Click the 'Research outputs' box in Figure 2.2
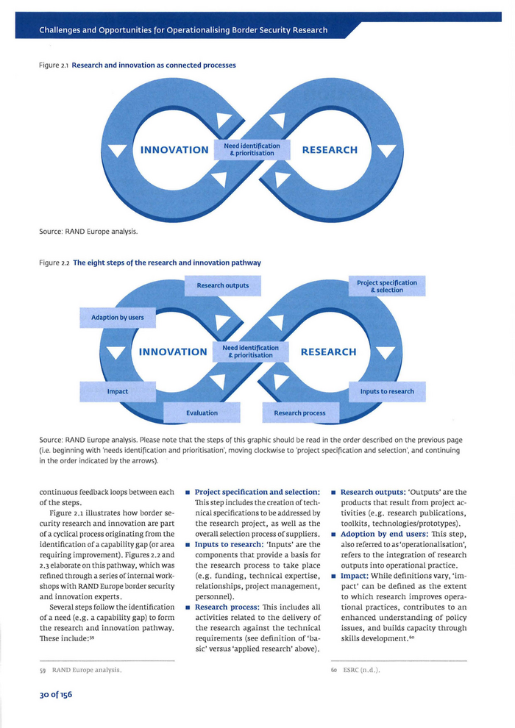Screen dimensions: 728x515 pyautogui.click(x=223, y=285)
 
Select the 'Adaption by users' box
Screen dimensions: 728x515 pyautogui.click(x=118, y=318)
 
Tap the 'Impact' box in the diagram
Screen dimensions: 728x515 pyautogui.click(x=118, y=391)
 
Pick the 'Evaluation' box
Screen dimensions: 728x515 pyautogui.click(x=202, y=413)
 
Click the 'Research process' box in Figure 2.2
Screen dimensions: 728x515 pyautogui.click(x=299, y=413)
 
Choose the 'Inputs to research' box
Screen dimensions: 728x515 pyautogui.click(x=387, y=391)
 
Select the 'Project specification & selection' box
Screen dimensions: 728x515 pyautogui.click(x=387, y=286)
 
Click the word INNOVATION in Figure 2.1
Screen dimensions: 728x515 pyautogui.click(x=174, y=150)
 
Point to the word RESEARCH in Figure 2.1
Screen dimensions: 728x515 pyautogui.click(x=330, y=150)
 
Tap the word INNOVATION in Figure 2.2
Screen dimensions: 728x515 pyautogui.click(x=173, y=352)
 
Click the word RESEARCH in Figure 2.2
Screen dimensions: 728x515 pyautogui.click(x=328, y=352)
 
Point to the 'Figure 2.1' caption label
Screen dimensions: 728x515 pyautogui.click(x=54, y=65)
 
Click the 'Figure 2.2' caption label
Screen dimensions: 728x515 pyautogui.click(x=54, y=263)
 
